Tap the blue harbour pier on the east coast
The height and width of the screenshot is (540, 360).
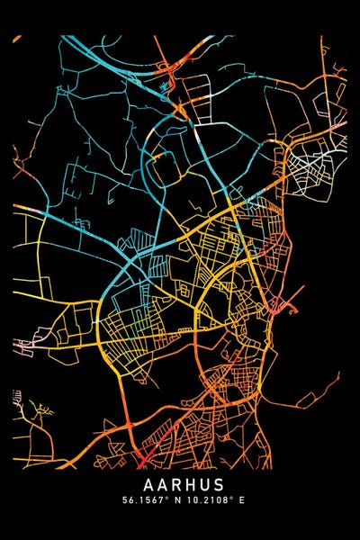[292, 309]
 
